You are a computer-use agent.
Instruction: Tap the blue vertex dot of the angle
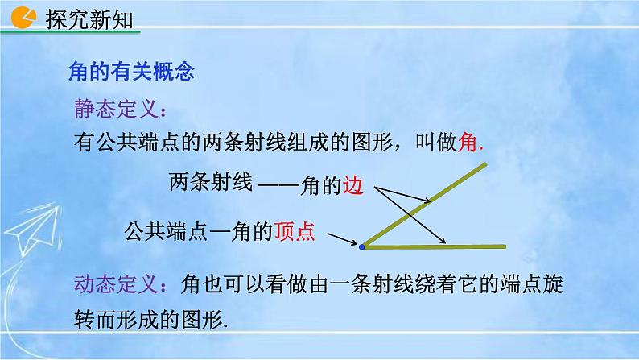pyautogui.click(x=361, y=246)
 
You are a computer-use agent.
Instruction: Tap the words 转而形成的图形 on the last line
pyautogui.click(x=145, y=320)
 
